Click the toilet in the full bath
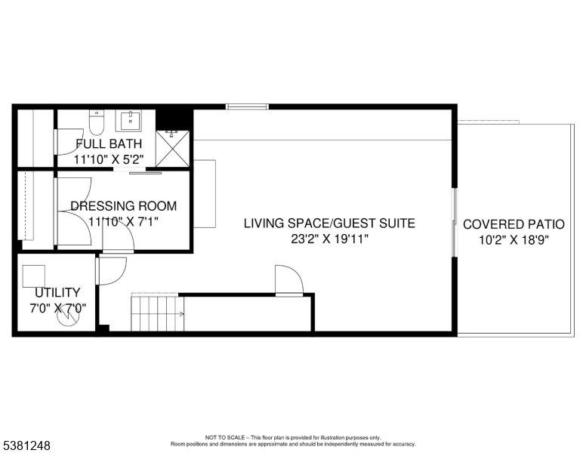click(96, 121)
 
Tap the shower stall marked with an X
click(173, 147)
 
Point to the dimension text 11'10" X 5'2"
click(109, 159)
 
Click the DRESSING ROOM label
click(123, 205)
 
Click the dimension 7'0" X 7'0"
click(57, 308)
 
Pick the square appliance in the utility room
click(34, 276)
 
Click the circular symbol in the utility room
click(69, 319)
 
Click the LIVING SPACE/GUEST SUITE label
click(329, 223)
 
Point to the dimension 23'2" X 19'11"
click(330, 239)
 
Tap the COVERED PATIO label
click(514, 224)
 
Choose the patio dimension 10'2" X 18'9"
click(514, 240)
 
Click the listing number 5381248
click(26, 445)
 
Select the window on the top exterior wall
click(247, 106)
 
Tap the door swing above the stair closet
click(288, 280)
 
